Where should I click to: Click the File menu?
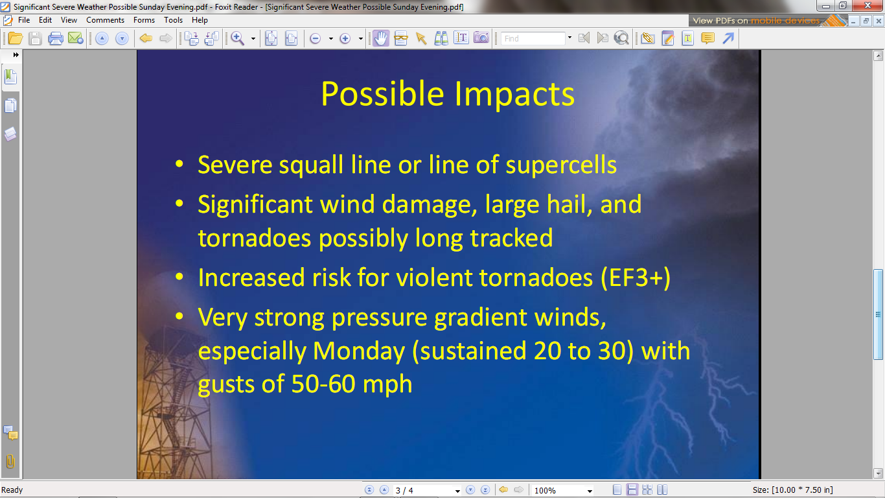[24, 20]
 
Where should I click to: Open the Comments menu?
[105, 20]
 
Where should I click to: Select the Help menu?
[200, 20]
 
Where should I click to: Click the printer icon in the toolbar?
[55, 38]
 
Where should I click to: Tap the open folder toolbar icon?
[15, 38]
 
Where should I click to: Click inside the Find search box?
[533, 38]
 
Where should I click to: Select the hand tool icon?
[380, 38]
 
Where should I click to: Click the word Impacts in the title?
[514, 94]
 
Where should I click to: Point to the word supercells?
[561, 165]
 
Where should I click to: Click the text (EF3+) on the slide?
[636, 278]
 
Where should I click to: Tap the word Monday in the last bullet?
[359, 351]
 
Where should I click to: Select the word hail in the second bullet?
[569, 204]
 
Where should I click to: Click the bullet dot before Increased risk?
[179, 276]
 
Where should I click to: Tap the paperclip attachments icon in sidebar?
[10, 461]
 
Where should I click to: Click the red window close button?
[868, 6]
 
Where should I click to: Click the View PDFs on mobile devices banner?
[768, 21]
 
